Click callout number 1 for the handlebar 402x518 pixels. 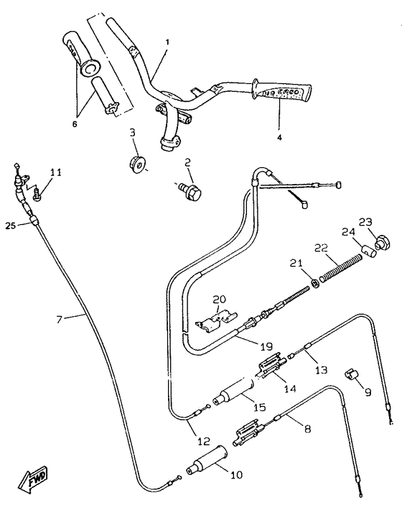coord(167,42)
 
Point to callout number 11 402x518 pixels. coord(56,172)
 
